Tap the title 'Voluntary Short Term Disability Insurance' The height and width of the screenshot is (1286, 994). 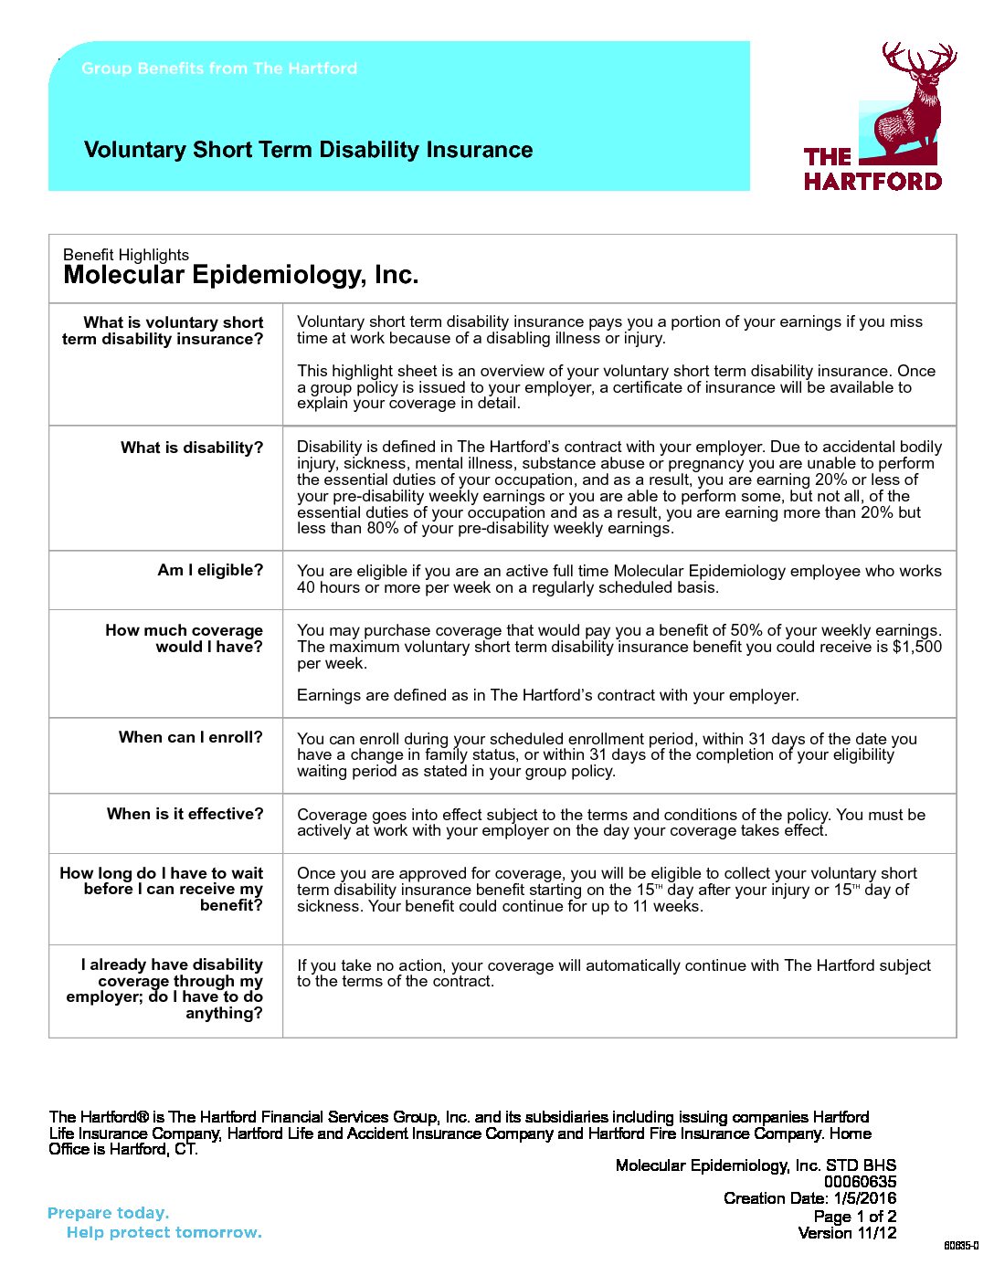coord(308,150)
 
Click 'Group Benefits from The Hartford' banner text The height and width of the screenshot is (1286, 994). coord(219,69)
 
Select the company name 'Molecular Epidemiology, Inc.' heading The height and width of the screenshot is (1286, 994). coord(240,276)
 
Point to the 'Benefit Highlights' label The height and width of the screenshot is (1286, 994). coord(126,255)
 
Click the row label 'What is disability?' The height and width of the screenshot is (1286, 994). coord(192,448)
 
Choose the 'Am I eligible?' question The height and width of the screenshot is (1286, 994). coord(210,570)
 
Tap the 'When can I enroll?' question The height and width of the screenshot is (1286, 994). coord(191,737)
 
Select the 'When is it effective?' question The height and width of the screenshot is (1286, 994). coord(185,814)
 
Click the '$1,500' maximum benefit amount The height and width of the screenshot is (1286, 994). coord(917,647)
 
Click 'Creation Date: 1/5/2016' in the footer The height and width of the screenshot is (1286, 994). coord(809,1198)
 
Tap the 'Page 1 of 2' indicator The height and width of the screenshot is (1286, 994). coord(854,1217)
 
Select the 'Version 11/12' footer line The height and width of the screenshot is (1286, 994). coord(847,1233)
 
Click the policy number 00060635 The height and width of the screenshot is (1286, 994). coord(860,1182)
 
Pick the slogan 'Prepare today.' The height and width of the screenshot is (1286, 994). coord(108,1213)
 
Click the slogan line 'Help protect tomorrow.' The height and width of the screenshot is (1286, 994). coord(164,1233)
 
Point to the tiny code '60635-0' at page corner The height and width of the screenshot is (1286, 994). coord(960,1247)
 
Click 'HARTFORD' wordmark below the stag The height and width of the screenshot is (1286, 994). coord(872,181)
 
